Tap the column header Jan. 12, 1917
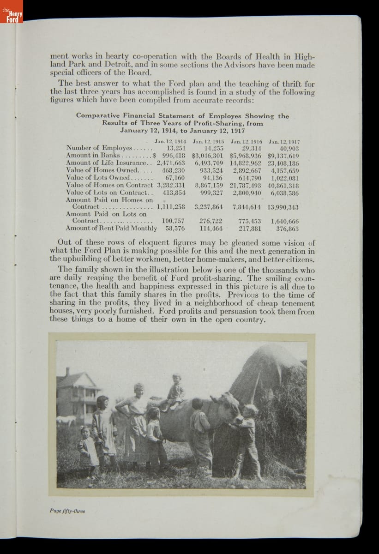[x=284, y=141]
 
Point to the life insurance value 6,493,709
[x=209, y=163]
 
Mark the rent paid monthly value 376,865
[x=287, y=228]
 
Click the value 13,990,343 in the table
[x=283, y=207]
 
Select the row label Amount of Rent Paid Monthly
[x=111, y=228]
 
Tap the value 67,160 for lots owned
[x=175, y=177]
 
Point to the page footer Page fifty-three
[x=67, y=511]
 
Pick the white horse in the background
[x=66, y=420]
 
